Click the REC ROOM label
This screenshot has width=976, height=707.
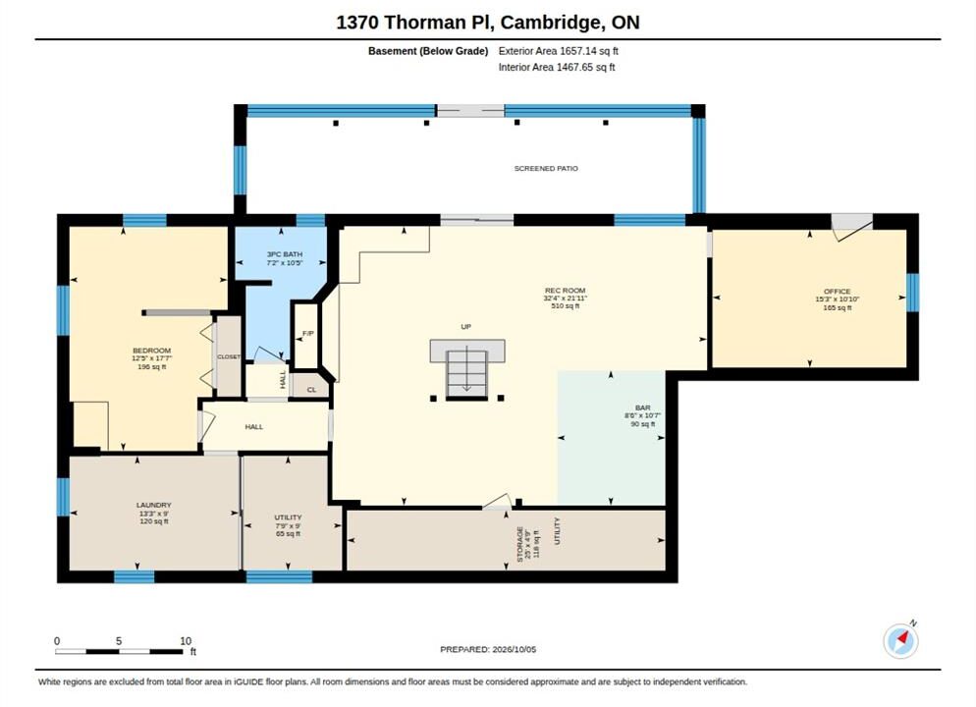(x=566, y=290)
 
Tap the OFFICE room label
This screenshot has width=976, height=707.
(x=837, y=292)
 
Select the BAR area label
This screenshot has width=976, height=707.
(x=643, y=408)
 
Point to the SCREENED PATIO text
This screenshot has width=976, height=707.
(x=546, y=168)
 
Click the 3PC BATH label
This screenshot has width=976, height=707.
(x=285, y=254)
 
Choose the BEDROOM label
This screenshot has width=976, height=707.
(x=152, y=351)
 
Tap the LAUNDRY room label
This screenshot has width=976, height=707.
(x=154, y=505)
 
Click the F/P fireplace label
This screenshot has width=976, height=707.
(x=308, y=334)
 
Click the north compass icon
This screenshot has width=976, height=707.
(x=900, y=640)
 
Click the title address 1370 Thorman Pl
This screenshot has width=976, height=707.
(x=415, y=23)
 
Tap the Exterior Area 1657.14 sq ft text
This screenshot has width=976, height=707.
(x=559, y=51)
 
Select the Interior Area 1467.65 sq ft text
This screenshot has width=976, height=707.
(x=557, y=67)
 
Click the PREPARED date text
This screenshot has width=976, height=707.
(x=488, y=649)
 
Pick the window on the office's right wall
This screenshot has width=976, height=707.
(x=912, y=293)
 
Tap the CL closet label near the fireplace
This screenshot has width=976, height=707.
(x=312, y=390)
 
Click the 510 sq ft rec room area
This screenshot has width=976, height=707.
(x=566, y=306)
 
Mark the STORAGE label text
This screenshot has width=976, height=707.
(x=520, y=545)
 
